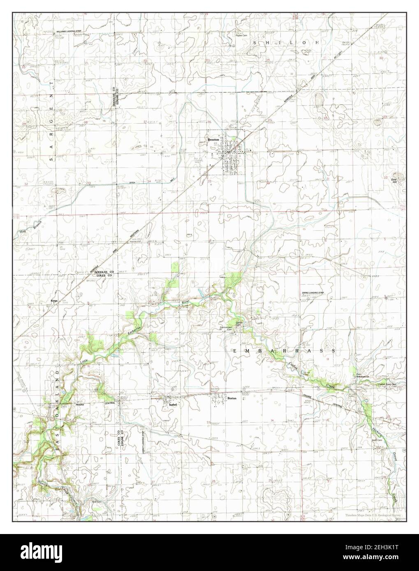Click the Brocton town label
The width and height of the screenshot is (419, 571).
click(x=213, y=140)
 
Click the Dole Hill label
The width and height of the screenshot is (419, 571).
click(x=394, y=181)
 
